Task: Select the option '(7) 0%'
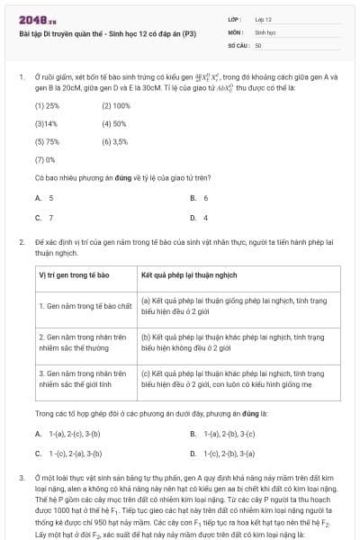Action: point(44,159)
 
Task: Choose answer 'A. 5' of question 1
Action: point(44,197)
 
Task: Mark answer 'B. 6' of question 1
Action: point(200,197)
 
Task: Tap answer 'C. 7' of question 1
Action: point(44,217)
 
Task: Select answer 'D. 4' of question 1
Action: point(200,217)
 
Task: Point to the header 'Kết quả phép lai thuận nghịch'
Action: point(189,274)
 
